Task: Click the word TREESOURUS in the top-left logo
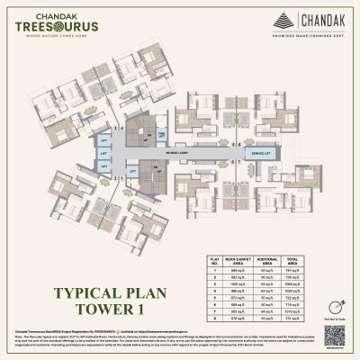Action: click(54, 28)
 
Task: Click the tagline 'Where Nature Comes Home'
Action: click(54, 37)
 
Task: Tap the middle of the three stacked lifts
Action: click(104, 155)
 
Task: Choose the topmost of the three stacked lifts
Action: click(104, 142)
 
